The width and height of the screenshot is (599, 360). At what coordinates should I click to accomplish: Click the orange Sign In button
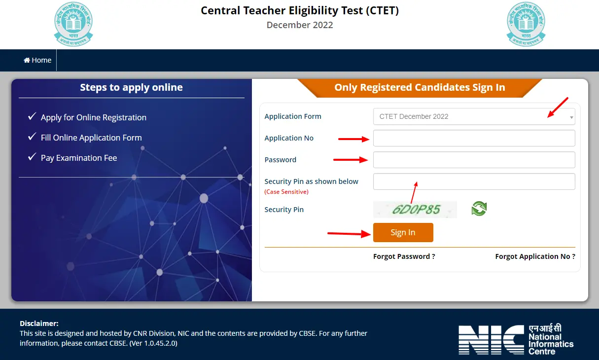tap(403, 232)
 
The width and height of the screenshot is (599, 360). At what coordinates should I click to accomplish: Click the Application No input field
tap(474, 138)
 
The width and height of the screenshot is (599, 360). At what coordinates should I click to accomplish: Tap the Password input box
tap(474, 160)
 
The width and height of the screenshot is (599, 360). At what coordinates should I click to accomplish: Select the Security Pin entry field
tap(474, 181)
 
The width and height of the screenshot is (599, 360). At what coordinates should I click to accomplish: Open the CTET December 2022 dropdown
tap(474, 116)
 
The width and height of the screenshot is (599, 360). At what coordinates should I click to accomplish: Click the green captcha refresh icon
tap(479, 209)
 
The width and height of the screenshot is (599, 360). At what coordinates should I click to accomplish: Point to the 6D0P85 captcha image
tap(415, 210)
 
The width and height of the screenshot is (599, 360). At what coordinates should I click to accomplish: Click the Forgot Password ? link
tap(404, 256)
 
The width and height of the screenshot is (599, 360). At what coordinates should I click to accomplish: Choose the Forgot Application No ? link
tap(535, 256)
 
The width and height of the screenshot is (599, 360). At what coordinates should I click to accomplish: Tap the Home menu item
tap(38, 60)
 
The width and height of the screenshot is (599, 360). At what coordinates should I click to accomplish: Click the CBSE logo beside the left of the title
tap(73, 25)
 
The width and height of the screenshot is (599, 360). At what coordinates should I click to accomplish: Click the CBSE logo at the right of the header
tap(526, 25)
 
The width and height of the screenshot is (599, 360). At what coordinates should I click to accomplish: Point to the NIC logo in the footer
tap(516, 339)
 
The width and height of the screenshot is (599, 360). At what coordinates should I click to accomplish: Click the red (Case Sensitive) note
tap(286, 192)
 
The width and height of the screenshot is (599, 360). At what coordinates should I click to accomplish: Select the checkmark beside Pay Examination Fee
tap(32, 157)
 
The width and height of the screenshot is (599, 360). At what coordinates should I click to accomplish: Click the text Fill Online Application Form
tap(91, 138)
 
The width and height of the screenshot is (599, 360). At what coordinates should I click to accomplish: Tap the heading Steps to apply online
tap(131, 87)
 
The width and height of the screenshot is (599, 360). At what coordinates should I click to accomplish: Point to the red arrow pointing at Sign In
tap(349, 233)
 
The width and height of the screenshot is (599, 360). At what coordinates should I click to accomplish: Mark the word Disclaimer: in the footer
tap(39, 324)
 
